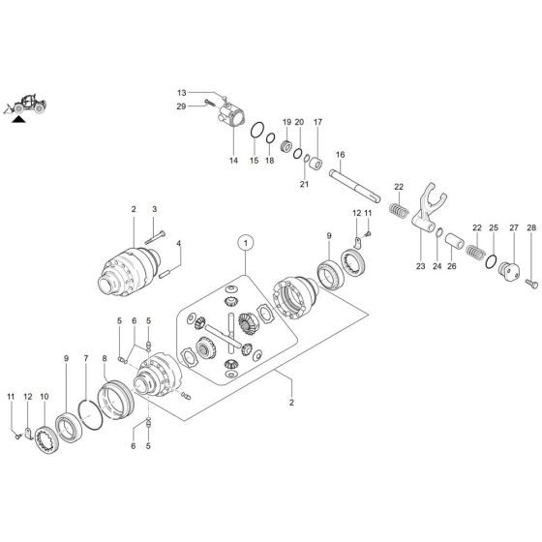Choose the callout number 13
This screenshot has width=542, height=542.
click(x=180, y=93)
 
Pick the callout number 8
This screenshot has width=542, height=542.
click(x=105, y=359)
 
